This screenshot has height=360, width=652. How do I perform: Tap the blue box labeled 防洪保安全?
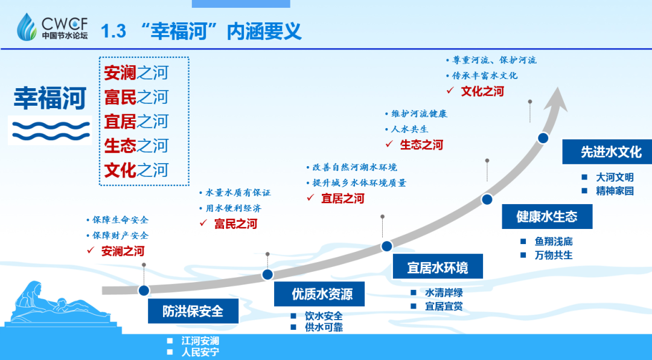pyautogui.click(x=193, y=311)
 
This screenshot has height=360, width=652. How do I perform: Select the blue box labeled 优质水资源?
pyautogui.click(x=322, y=294)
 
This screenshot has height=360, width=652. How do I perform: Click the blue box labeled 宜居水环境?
pyautogui.click(x=438, y=266)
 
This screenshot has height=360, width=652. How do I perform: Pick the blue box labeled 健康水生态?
pyautogui.click(x=547, y=217)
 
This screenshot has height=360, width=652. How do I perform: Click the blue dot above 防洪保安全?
pyautogui.click(x=144, y=291)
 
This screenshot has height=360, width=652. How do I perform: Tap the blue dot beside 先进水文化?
pyautogui.click(x=543, y=138)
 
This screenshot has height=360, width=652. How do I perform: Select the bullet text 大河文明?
pyautogui.click(x=615, y=177)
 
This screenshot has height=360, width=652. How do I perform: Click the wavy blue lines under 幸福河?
pyautogui.click(x=51, y=130)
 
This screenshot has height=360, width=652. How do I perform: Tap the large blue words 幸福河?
pyautogui.click(x=51, y=98)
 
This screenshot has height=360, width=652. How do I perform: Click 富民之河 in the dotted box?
pyautogui.click(x=136, y=97)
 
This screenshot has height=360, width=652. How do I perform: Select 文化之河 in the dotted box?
pyautogui.click(x=136, y=170)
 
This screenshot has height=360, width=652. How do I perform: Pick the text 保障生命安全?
pyautogui.click(x=120, y=219)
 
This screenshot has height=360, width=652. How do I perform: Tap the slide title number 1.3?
pyautogui.click(x=113, y=31)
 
